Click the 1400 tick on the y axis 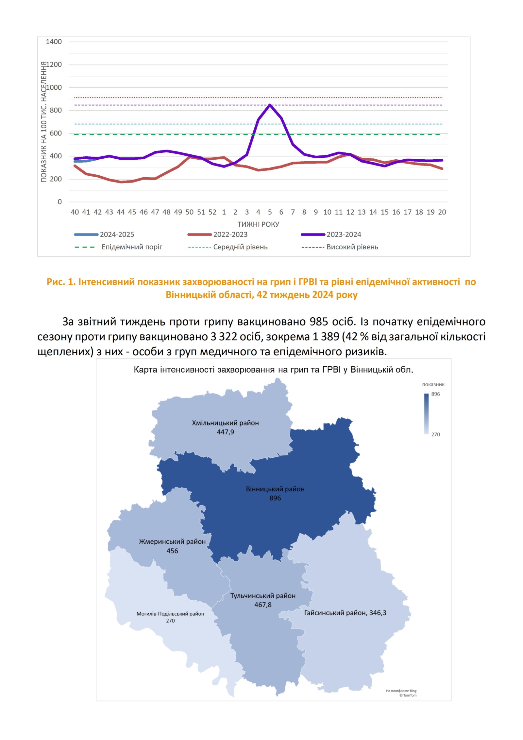[x=54, y=42]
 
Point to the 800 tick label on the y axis [x=56, y=110]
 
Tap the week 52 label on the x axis [x=212, y=212]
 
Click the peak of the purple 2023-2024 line [x=270, y=105]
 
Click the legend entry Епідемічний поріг [x=132, y=247]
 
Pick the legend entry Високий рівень [x=352, y=247]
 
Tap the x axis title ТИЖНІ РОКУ [x=258, y=224]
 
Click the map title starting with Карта [x=273, y=370]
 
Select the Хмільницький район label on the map [x=225, y=423]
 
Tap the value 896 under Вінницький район [x=275, y=498]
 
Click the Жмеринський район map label [x=172, y=541]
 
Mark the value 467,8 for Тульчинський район [x=263, y=605]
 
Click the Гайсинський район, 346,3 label [x=345, y=613]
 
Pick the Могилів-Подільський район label [x=170, y=614]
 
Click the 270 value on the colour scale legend [x=435, y=434]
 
